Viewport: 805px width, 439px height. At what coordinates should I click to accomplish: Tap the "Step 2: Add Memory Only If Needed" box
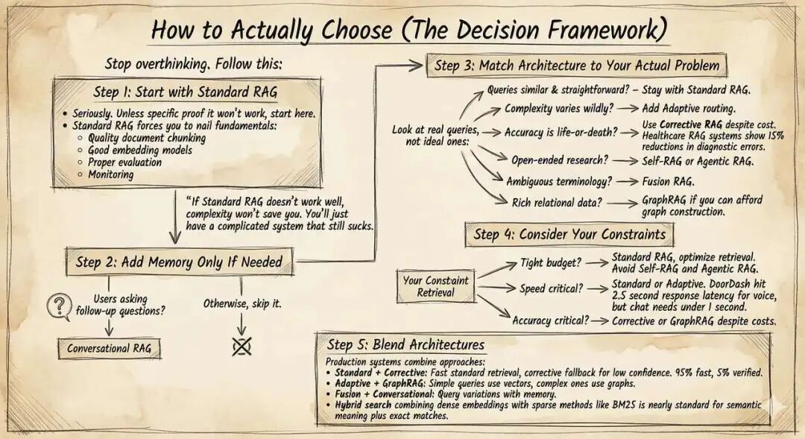pyautogui.click(x=178, y=262)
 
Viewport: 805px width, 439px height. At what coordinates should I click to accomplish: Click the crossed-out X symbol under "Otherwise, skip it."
pyautogui.click(x=241, y=345)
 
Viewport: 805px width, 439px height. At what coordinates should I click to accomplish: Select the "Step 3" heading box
pyautogui.click(x=576, y=65)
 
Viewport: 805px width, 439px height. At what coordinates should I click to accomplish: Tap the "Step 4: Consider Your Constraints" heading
pyautogui.click(x=569, y=234)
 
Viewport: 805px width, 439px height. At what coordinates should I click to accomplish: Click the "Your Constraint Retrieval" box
pyautogui.click(x=436, y=287)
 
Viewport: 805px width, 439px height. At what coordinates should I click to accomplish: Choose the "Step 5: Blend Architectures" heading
pyautogui.click(x=405, y=345)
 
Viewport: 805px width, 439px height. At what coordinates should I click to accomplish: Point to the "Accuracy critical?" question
pyautogui.click(x=550, y=320)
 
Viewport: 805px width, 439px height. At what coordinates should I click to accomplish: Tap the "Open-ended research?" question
pyautogui.click(x=559, y=160)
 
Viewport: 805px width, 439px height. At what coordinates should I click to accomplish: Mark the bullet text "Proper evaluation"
pyautogui.click(x=124, y=162)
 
